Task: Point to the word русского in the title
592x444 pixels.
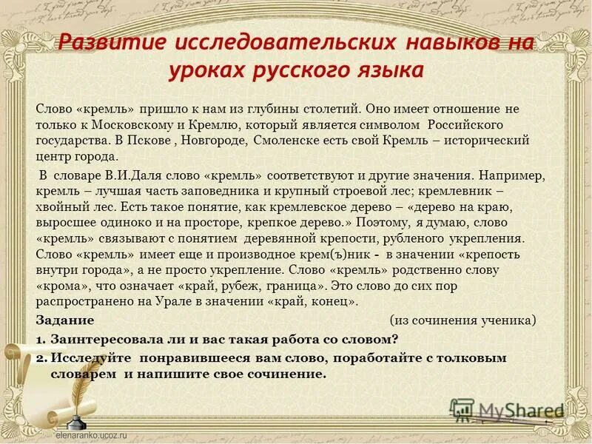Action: pos(296,71)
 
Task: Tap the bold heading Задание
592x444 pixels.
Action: pos(65,320)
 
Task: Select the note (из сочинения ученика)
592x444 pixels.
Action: pos(462,320)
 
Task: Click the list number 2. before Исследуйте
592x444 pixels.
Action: pos(41,357)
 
